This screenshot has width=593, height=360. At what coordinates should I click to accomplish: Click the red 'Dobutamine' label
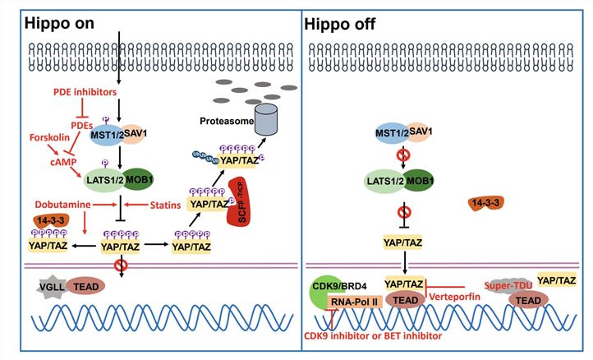coord(42,201)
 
